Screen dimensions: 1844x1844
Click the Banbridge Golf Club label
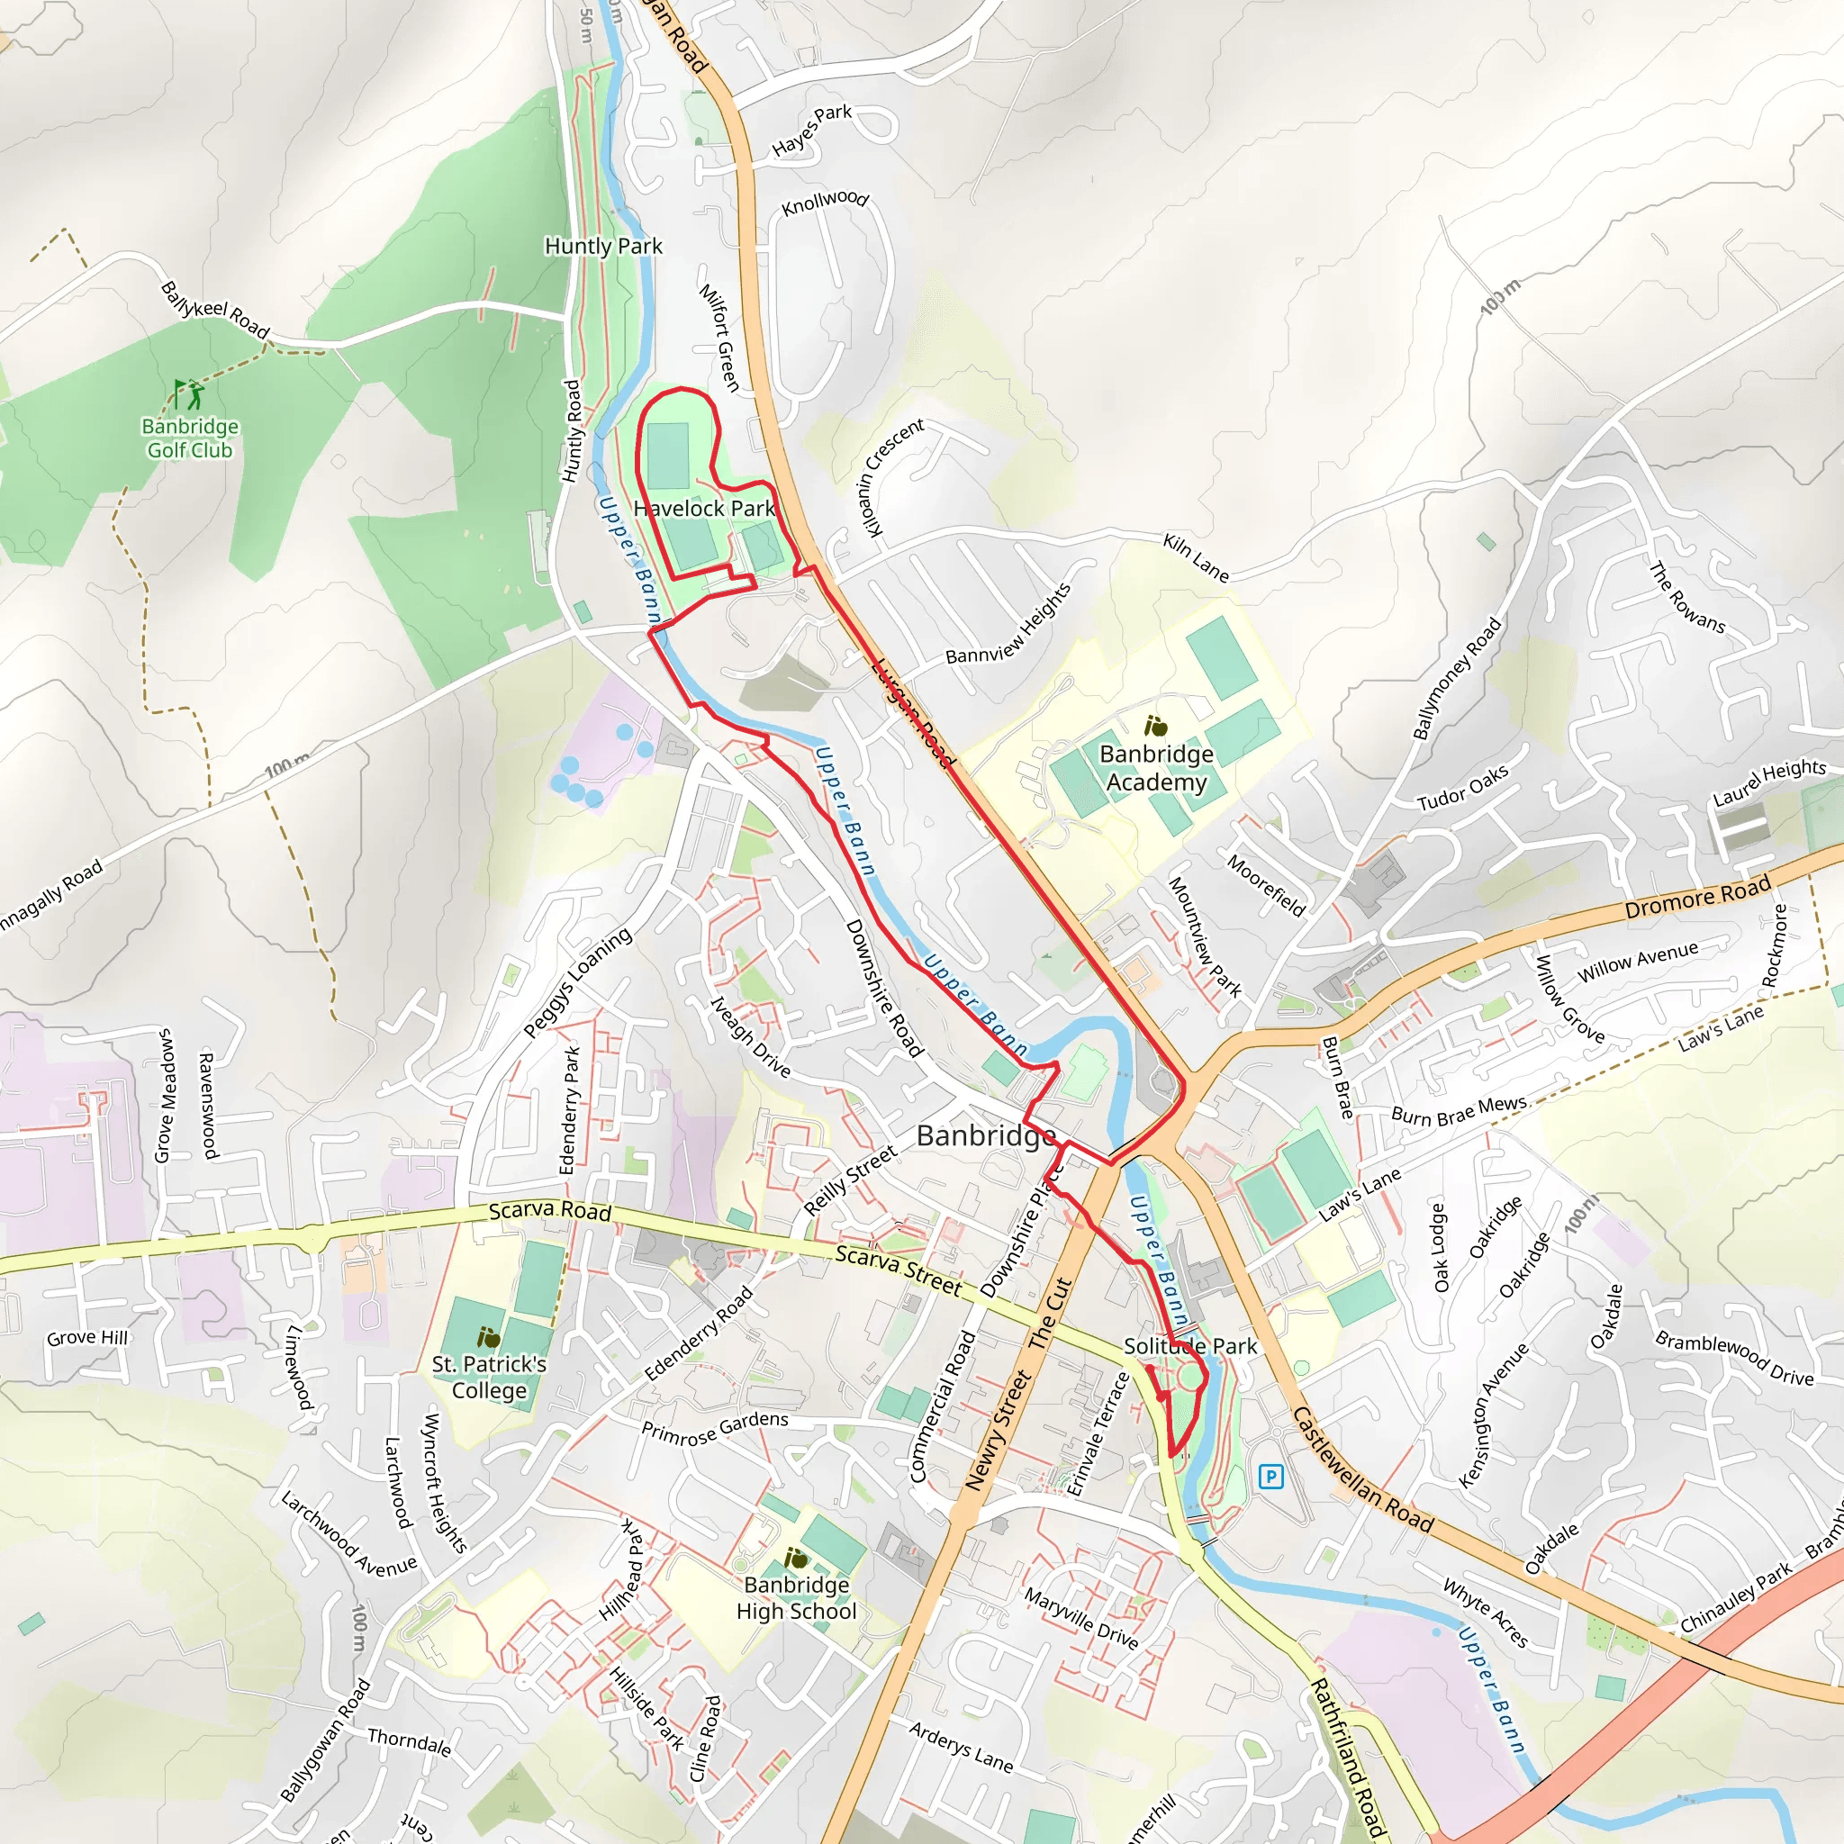190,438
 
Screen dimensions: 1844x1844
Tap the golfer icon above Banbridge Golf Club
189,393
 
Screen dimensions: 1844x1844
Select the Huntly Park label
603,246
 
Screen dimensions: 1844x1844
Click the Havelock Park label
704,509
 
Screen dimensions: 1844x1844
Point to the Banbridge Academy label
1156,767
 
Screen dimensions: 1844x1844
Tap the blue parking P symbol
1270,1478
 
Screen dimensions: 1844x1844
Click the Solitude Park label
1190,1346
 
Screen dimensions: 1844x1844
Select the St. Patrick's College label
489,1378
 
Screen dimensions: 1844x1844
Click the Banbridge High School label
796,1598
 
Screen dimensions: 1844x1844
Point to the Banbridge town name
986,1135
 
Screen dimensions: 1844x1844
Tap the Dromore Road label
1697,898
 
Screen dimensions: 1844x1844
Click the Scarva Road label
550,1211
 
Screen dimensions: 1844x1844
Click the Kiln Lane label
1196,557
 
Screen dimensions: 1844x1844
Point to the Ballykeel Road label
215,309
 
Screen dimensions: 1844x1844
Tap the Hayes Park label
811,130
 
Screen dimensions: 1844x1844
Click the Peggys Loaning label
577,983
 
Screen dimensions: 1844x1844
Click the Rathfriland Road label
1348,1758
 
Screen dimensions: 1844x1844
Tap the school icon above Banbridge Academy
1156,727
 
